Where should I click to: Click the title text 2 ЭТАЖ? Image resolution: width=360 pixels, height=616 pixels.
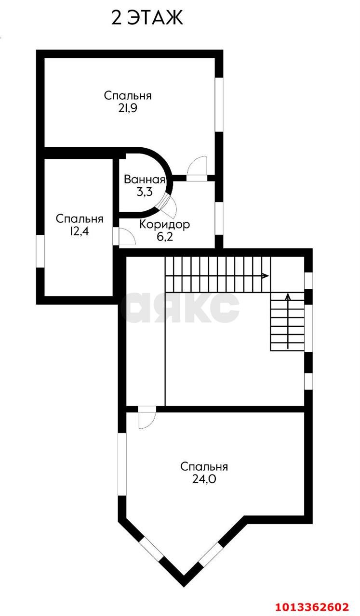point(147,18)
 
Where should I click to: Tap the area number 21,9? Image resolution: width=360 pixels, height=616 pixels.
point(128,108)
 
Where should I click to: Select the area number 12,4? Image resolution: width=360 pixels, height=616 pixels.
point(80,231)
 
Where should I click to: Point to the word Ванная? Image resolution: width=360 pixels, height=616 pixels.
point(144,180)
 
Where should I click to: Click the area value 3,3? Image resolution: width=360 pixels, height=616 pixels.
point(145,192)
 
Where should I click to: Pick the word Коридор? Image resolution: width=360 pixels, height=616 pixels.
point(165,225)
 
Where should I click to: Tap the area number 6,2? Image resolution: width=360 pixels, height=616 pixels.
point(165,236)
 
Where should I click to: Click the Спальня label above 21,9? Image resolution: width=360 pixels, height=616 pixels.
point(128,96)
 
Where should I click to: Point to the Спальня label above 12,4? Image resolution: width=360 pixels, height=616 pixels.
point(80,219)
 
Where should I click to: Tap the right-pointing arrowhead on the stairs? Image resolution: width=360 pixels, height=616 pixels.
point(266,276)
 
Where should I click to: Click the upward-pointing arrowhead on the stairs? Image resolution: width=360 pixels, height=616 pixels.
point(288,296)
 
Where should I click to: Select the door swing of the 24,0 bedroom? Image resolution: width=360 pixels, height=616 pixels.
point(147,421)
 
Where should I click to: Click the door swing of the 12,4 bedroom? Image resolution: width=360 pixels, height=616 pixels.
point(127,236)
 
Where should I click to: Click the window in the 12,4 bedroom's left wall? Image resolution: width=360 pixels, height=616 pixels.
point(40,251)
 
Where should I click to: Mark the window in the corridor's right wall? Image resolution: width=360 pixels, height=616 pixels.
point(219,218)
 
